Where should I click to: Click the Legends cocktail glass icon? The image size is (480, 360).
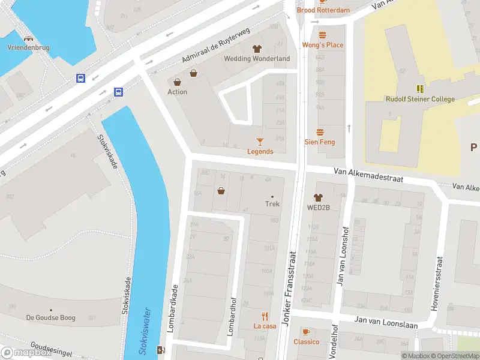click(260, 142)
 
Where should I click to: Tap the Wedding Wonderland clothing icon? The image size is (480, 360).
click(257, 49)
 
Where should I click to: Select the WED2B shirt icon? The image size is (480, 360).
click(318, 197)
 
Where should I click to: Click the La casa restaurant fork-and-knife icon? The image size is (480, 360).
click(265, 316)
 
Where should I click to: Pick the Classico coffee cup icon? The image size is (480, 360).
click(306, 332)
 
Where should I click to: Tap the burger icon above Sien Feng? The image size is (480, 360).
click(320, 132)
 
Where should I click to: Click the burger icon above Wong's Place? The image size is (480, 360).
click(322, 35)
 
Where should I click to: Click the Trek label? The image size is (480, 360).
click(272, 203)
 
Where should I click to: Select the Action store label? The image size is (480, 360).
click(177, 92)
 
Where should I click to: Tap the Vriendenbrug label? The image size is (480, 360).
click(28, 47)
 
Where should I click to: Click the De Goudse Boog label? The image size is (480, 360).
click(50, 317)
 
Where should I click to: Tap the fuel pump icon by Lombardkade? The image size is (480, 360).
click(160, 350)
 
